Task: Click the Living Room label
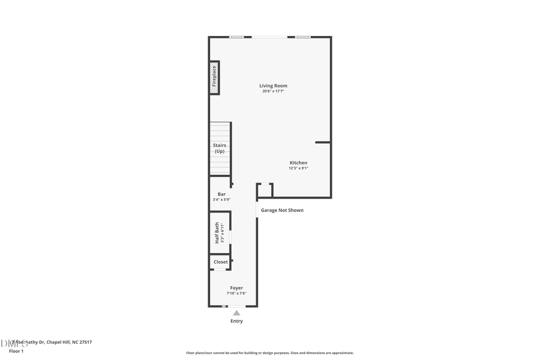[273, 86]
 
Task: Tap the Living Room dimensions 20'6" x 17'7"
[273, 91]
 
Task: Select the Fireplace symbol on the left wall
[214, 77]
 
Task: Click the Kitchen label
[298, 163]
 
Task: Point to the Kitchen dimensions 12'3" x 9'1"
[298, 168]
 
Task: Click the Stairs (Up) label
[220, 148]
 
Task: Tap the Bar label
[221, 194]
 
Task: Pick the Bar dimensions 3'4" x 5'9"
[221, 199]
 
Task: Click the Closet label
[220, 262]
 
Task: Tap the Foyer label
[236, 288]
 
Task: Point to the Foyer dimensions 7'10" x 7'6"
[236, 293]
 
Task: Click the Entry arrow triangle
[236, 313]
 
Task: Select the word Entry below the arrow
[236, 321]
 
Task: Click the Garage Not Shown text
[282, 210]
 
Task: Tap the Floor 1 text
[16, 350]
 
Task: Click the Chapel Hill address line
[54, 342]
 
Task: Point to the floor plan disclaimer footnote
[270, 353]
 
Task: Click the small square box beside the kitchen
[265, 190]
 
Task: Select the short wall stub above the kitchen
[323, 142]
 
